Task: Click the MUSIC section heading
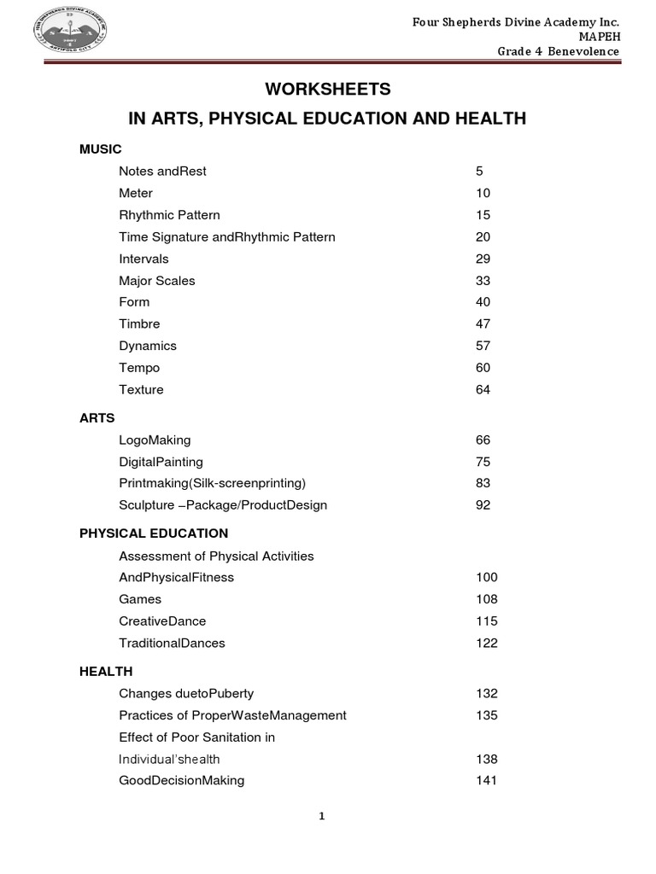101,149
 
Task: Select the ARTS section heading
97,418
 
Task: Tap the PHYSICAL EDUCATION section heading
154,533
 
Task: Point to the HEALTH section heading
106,672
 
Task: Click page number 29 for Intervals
483,259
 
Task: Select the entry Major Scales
157,281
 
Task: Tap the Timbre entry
139,324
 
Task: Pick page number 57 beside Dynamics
483,346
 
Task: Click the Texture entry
141,390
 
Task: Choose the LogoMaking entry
155,440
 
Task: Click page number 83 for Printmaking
483,483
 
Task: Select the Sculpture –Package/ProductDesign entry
223,505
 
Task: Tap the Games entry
140,599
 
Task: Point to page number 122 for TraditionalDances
486,643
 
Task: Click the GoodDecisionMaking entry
182,780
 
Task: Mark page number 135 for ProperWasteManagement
486,715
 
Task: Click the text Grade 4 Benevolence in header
559,53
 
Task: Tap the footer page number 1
322,816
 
